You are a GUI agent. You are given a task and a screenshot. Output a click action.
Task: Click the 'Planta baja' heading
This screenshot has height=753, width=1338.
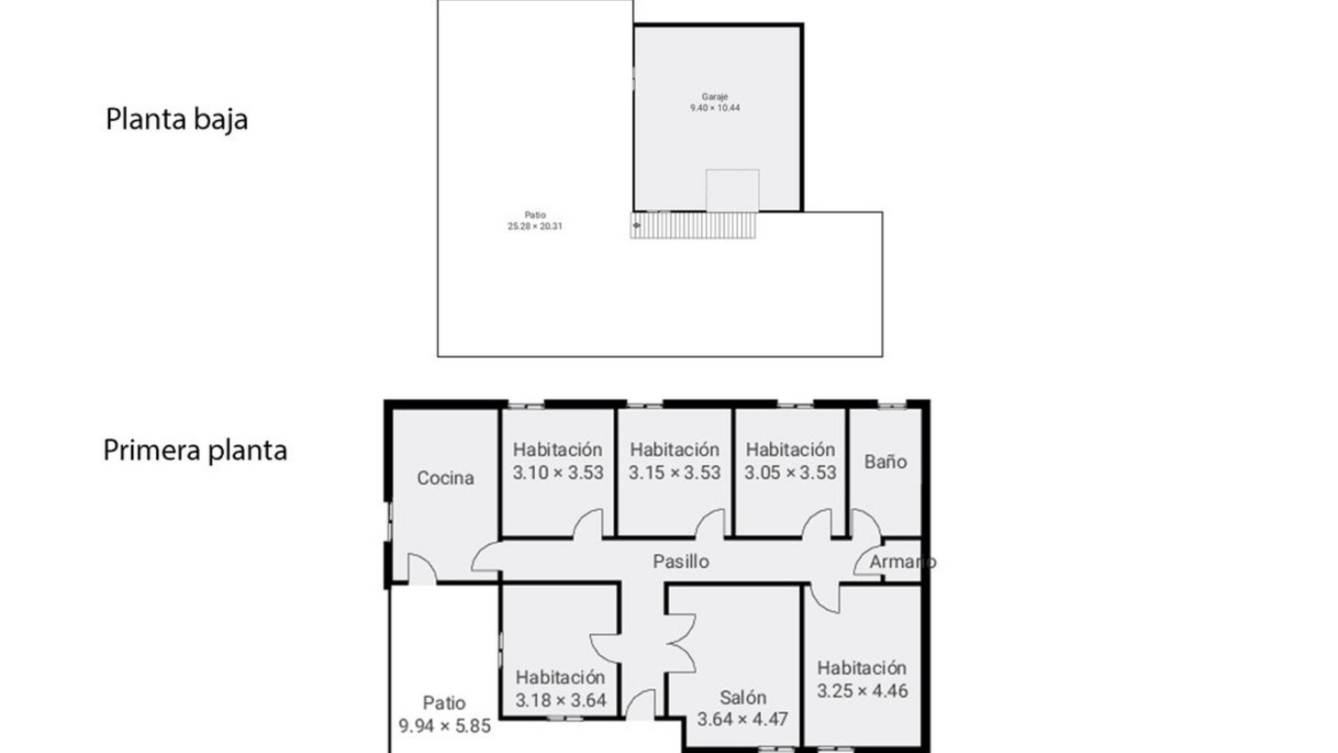point(176,119)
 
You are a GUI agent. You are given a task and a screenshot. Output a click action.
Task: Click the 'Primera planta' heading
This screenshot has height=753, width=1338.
point(194,450)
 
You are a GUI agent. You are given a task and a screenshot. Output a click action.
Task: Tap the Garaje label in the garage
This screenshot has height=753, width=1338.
point(714,97)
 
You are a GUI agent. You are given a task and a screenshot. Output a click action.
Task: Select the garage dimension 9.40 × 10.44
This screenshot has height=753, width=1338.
point(714,108)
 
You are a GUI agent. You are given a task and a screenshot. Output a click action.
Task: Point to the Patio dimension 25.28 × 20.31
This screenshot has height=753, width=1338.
point(535,227)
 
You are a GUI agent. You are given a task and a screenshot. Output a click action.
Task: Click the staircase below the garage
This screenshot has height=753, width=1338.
point(693,225)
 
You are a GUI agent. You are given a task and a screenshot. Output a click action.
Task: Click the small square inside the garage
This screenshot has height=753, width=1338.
point(732,190)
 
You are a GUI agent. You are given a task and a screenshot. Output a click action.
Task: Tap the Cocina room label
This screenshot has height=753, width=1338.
point(445,478)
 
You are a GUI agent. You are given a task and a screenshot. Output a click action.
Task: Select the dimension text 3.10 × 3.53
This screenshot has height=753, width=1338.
point(557,473)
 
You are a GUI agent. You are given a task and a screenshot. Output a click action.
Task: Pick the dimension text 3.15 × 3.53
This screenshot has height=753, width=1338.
point(674,473)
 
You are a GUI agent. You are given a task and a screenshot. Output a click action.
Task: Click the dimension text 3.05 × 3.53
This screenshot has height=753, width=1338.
point(790,473)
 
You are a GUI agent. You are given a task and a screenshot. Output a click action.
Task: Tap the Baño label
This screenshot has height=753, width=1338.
point(885,462)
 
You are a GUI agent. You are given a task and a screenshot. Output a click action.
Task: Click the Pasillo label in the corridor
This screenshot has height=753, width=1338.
point(681,561)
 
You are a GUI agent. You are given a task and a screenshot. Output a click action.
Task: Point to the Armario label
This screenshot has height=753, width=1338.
point(902,561)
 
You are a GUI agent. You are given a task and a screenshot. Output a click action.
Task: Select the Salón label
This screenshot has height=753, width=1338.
point(742,697)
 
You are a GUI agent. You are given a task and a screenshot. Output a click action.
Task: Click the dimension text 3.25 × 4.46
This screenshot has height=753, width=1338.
point(862,691)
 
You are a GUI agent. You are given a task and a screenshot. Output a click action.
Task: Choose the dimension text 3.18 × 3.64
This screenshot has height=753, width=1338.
point(560,700)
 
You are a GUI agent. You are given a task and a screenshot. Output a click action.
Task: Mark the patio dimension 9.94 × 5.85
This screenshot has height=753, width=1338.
point(445,726)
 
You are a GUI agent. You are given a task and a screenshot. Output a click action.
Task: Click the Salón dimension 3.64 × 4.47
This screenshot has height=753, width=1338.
point(742,719)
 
